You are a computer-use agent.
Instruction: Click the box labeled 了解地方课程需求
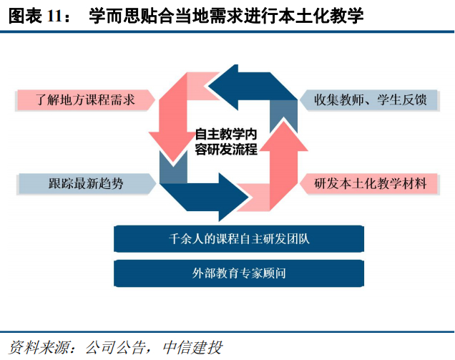84,99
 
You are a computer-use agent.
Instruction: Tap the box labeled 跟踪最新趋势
84,183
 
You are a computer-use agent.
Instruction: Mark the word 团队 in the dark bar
301,239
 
